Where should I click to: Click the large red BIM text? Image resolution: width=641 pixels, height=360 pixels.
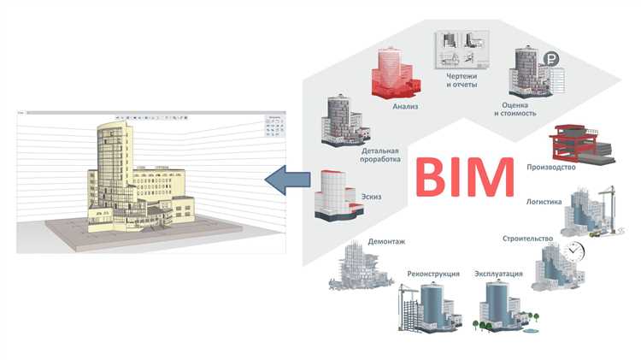pyautogui.click(x=465, y=176)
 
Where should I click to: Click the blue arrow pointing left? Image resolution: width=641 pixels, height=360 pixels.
pyautogui.click(x=287, y=179)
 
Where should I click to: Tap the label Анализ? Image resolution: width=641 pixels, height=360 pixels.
pyautogui.click(x=405, y=107)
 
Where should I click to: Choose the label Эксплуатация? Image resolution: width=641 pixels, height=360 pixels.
pyautogui.click(x=498, y=274)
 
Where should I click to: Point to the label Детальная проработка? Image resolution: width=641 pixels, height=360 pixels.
pyautogui.click(x=375, y=154)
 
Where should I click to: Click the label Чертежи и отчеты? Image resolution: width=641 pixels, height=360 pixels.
pyautogui.click(x=461, y=80)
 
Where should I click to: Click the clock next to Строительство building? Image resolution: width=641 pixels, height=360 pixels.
pyautogui.click(x=575, y=251)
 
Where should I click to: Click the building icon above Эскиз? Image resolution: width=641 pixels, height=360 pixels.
pyautogui.click(x=332, y=195)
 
